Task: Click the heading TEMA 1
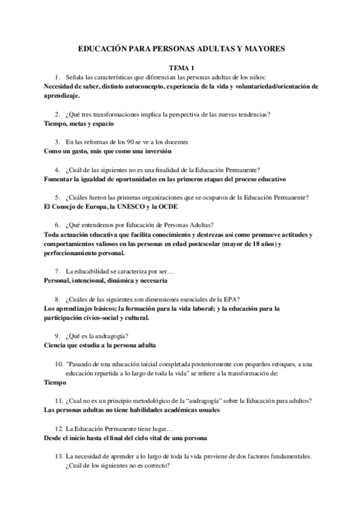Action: tap(181, 68)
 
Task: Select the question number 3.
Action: tap(57, 142)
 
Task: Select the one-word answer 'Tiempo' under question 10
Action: tap(56, 382)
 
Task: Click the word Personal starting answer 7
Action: tap(60, 281)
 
